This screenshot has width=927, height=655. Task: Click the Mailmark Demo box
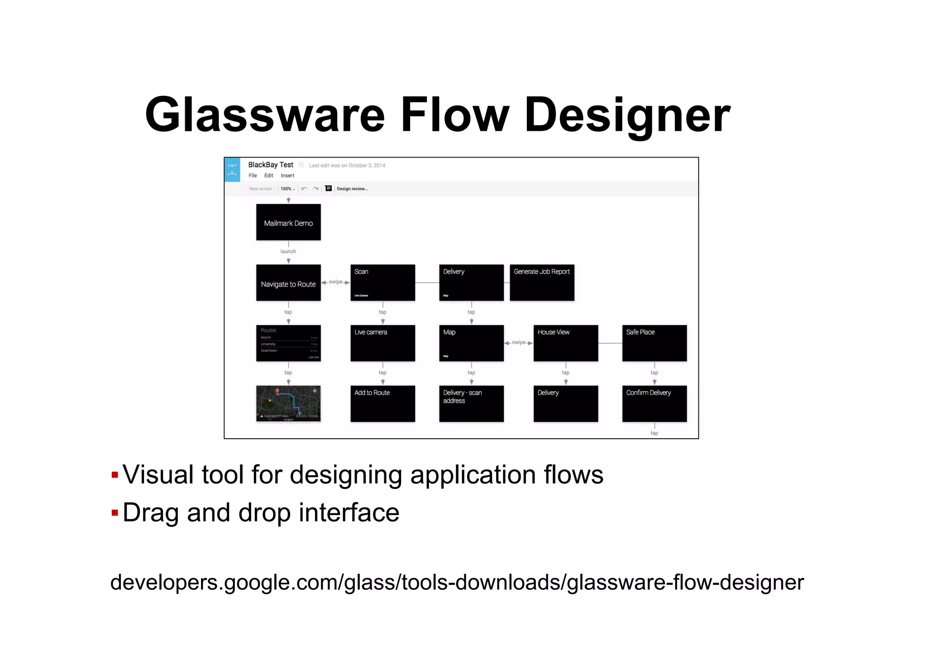pyautogui.click(x=288, y=222)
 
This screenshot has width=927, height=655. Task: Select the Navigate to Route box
pyautogui.click(x=288, y=283)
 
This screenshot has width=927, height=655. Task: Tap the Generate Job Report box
pyautogui.click(x=542, y=283)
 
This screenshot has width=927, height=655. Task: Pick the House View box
pyautogui.click(x=565, y=343)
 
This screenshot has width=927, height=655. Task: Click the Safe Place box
pyautogui.click(x=654, y=343)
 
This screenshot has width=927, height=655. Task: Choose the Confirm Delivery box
pyautogui.click(x=654, y=404)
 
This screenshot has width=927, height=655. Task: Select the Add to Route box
pyautogui.click(x=382, y=404)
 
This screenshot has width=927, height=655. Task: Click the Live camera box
pyautogui.click(x=382, y=343)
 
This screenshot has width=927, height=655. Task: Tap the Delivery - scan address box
pyautogui.click(x=471, y=404)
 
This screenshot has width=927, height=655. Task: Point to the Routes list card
pyautogui.click(x=288, y=343)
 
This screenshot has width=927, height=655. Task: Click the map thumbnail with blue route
pyautogui.click(x=288, y=404)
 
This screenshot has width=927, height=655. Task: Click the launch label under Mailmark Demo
pyautogui.click(x=288, y=251)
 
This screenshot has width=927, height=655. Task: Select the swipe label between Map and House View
pyautogui.click(x=519, y=342)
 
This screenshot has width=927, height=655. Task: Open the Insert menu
pyautogui.click(x=287, y=176)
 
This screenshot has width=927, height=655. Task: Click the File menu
pyautogui.click(x=253, y=176)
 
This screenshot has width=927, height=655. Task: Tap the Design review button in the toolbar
pyautogui.click(x=352, y=189)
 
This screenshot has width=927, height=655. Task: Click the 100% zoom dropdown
pyautogui.click(x=287, y=189)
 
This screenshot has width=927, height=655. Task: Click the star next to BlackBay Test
pyautogui.click(x=301, y=165)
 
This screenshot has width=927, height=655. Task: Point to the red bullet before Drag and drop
pyautogui.click(x=115, y=513)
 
